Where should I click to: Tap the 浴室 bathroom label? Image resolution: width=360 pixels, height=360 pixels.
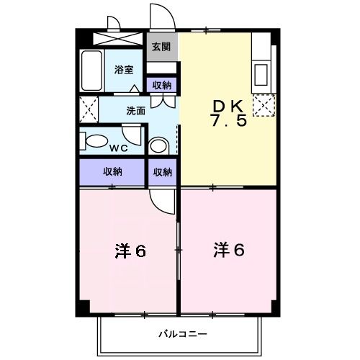tap(124, 70)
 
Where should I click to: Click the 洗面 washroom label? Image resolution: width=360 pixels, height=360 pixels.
tap(135, 111)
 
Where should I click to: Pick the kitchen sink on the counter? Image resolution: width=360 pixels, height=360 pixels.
tap(262, 75)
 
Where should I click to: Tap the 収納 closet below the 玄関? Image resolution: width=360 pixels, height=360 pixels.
tap(162, 85)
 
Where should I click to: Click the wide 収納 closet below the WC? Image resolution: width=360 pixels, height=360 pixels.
tap(112, 171)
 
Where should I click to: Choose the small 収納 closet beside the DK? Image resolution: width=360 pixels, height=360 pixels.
tap(163, 171)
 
